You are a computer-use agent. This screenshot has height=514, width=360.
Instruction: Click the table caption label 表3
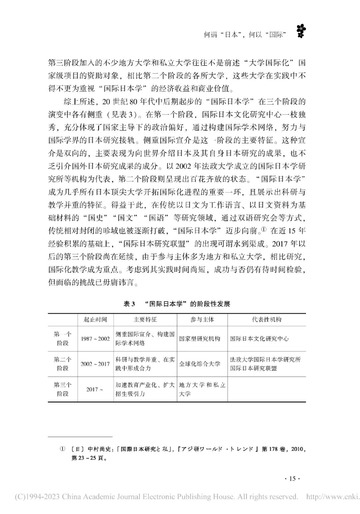tap(128, 304)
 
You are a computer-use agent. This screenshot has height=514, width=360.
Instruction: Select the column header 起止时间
tap(95, 320)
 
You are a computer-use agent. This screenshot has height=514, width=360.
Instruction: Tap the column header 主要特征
tap(145, 320)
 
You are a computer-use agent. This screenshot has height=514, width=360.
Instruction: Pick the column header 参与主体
tap(202, 320)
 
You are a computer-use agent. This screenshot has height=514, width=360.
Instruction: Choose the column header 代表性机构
tap(267, 320)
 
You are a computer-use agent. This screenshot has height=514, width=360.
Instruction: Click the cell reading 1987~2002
tap(95, 339)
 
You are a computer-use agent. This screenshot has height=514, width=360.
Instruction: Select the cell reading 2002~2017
tap(95, 364)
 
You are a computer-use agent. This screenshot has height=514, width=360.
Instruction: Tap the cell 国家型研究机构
tap(200, 339)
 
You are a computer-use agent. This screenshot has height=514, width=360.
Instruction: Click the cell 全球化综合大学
tap(200, 364)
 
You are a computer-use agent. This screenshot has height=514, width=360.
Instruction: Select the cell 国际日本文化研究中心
tap(259, 339)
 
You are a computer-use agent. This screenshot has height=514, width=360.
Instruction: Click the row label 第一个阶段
tap(63, 339)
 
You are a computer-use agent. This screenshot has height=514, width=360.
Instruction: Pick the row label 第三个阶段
tap(63, 389)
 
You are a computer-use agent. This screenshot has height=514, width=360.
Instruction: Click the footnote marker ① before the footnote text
tap(62, 449)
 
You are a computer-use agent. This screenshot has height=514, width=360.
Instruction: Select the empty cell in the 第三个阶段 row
tap(267, 389)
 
